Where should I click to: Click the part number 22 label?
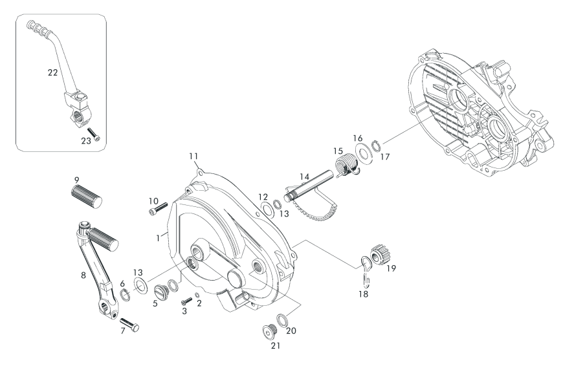tap(53, 72)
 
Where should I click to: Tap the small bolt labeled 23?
tap(94, 135)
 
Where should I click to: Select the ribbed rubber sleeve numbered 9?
tap(87, 197)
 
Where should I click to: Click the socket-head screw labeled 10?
tap(158, 208)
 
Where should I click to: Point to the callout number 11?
tap(193, 156)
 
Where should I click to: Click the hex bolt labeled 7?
tap(129, 324)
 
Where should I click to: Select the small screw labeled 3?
tap(187, 300)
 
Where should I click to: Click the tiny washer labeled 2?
tap(197, 295)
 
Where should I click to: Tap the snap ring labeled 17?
tap(375, 146)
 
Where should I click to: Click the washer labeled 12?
tap(267, 210)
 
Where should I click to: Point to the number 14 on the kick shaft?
tap(305, 177)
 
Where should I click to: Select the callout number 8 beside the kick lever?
tap(83, 275)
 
